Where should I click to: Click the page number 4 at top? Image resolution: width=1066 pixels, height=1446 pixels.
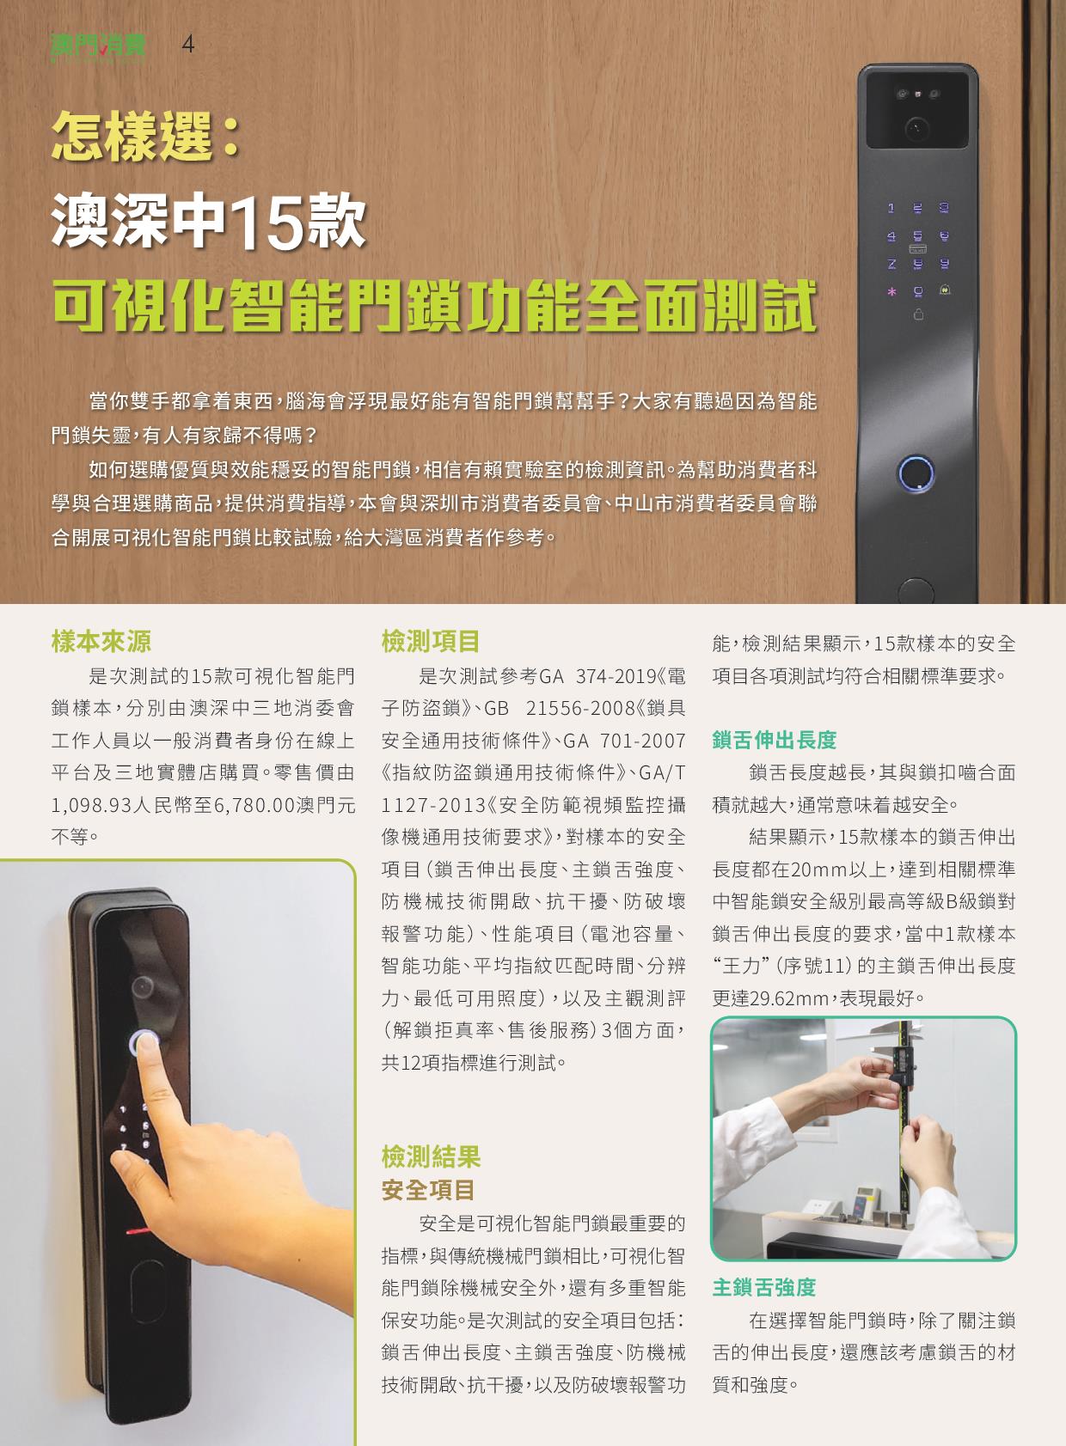coord(188,44)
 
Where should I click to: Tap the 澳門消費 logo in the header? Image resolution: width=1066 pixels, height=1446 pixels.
coord(98,46)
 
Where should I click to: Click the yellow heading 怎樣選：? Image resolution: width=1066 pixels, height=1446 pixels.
coord(146,136)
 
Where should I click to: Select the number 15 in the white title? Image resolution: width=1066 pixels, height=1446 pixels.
coord(267,222)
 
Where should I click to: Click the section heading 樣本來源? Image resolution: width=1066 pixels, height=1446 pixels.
coord(101,642)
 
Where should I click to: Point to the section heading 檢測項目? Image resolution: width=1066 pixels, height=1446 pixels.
coord(431,642)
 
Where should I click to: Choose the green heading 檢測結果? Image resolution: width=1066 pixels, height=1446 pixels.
coord(431,1156)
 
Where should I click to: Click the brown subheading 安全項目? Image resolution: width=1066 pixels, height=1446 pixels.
coord(428,1190)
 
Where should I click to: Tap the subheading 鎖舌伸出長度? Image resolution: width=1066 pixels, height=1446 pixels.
coord(774,740)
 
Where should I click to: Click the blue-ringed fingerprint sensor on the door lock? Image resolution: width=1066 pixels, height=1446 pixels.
coord(916,473)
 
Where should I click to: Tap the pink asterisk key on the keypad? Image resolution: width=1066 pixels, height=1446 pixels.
coord(891,292)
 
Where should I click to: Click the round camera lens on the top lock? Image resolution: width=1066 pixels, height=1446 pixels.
coord(916,127)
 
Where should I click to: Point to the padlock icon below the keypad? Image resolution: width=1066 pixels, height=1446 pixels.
coord(918,315)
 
